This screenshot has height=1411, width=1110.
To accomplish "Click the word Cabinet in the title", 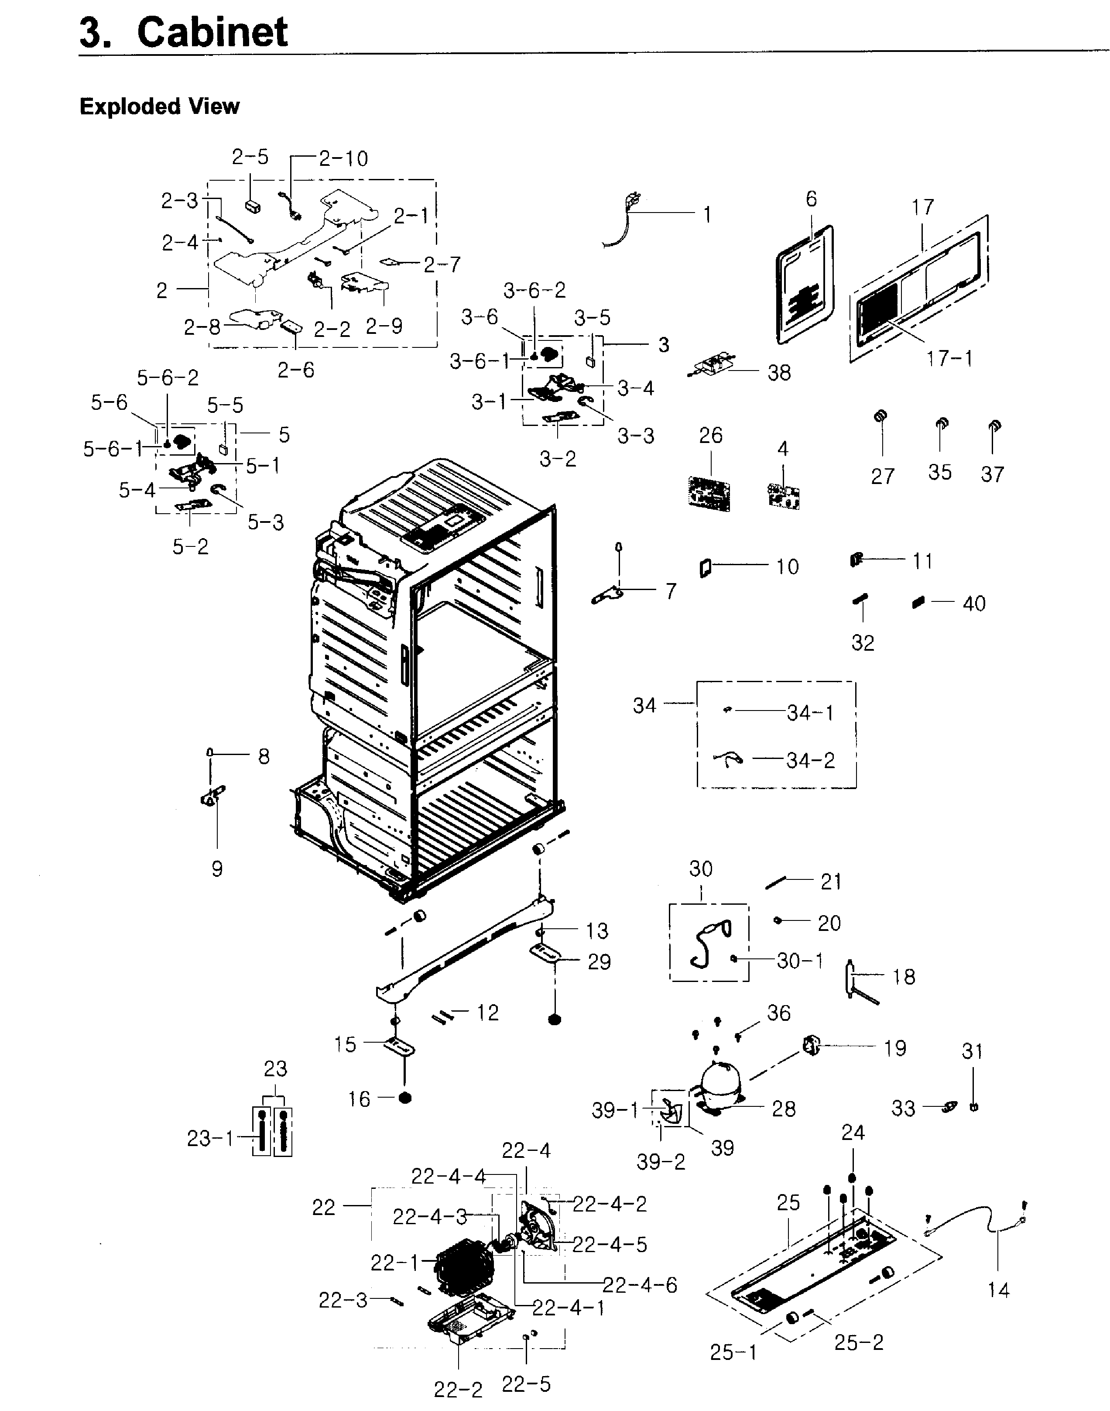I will pos(212,32).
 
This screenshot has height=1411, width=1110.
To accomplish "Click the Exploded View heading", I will pos(159,106).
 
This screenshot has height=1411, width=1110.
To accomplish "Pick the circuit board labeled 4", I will pos(783,495).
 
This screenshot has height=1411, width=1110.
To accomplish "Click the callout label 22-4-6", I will pos(640,1285).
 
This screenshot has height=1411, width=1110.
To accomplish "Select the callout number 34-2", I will pos(810,760).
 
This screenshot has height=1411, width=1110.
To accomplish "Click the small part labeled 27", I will pos(881,417).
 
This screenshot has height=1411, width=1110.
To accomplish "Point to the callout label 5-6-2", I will pos(168,378).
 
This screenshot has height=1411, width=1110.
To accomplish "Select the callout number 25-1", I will pos(733,1353).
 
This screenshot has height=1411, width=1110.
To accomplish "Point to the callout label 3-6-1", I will pos(480,361).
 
